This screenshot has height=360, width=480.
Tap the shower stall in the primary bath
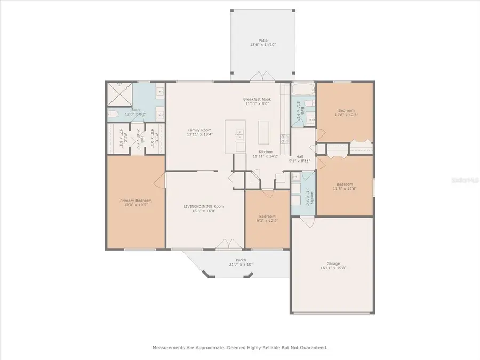coord(121,95)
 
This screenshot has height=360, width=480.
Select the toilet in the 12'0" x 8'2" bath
coord(113,114)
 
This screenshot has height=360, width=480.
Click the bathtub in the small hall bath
coord(303,88)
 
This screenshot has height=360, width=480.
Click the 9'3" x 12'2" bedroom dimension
coord(267,220)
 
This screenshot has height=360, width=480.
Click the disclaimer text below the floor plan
coord(240,347)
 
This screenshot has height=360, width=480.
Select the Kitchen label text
coord(266,152)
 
